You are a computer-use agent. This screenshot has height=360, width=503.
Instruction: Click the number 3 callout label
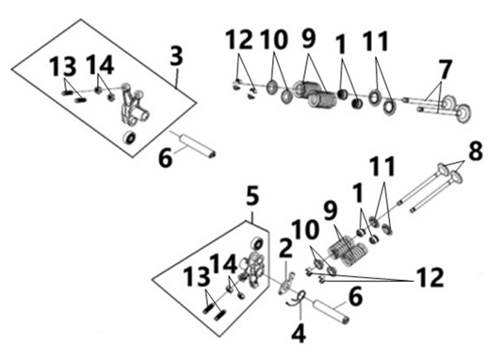(176, 56)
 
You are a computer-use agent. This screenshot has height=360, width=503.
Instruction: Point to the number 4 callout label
(299, 333)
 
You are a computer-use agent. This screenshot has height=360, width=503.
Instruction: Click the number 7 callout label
(445, 69)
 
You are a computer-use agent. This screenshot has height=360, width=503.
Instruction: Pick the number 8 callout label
(476, 151)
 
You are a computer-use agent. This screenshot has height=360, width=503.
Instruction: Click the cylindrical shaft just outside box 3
(198, 146)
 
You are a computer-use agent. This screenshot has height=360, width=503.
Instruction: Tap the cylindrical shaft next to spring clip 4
(332, 312)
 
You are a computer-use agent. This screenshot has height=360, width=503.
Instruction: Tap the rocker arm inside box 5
(253, 269)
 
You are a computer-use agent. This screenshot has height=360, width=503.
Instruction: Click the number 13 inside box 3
(63, 66)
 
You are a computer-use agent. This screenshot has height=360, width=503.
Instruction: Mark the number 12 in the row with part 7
(239, 40)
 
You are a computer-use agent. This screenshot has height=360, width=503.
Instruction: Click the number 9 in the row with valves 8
(331, 211)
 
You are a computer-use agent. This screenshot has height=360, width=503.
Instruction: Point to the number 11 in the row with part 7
(376, 41)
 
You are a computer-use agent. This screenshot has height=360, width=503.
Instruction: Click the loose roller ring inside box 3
(130, 138)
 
